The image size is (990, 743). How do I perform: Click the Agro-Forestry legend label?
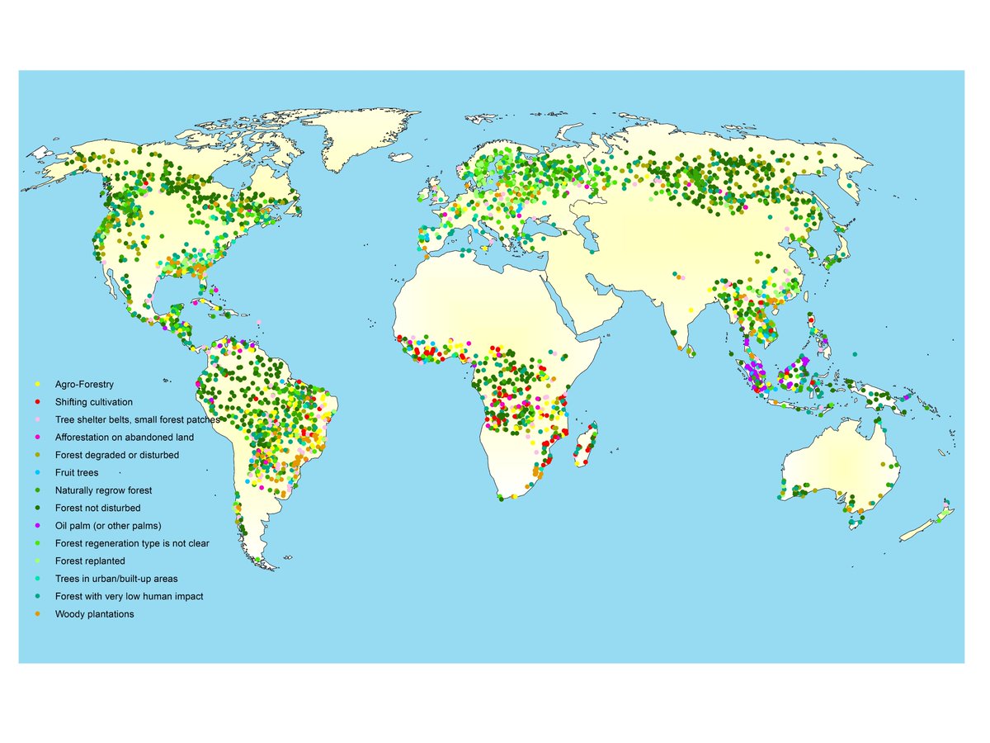tap(84, 385)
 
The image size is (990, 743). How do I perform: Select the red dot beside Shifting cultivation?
tap(37, 402)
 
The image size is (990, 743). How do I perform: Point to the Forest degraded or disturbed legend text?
tap(117, 455)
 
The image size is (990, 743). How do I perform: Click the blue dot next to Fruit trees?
tap(37, 473)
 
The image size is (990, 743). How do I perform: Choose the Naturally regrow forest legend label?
tap(103, 490)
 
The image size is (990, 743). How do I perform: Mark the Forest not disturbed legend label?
tap(97, 509)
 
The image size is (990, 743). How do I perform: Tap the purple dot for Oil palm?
tap(37, 526)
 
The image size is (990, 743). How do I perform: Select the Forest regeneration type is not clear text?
tap(132, 543)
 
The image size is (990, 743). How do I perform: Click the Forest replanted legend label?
tap(90, 561)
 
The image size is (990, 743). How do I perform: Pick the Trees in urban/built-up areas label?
tap(116, 579)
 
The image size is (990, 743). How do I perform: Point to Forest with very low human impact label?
tap(129, 597)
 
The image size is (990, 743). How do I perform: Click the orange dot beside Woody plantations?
tap(37, 614)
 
